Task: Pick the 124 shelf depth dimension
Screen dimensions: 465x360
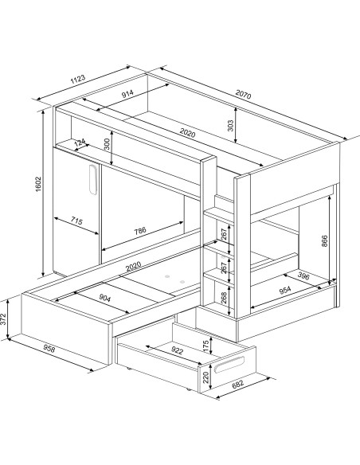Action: (80, 143)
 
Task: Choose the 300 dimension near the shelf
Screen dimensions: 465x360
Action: (107, 144)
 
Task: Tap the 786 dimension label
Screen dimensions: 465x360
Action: (140, 230)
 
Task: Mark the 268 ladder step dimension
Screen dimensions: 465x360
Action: (224, 297)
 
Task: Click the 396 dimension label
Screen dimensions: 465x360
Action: (303, 275)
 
